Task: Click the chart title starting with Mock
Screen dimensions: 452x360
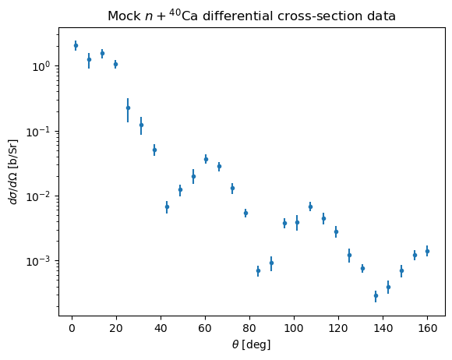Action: pyautogui.click(x=252, y=16)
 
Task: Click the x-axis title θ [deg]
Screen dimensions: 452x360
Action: pyautogui.click(x=252, y=344)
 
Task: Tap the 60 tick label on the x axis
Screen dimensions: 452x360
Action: pyautogui.click(x=205, y=328)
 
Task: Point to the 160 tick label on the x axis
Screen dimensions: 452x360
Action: pyautogui.click(x=427, y=328)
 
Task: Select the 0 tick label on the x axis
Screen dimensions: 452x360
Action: pyautogui.click(x=72, y=328)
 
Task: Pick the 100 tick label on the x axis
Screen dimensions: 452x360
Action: pyautogui.click(x=294, y=328)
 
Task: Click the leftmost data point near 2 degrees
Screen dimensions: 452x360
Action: pyautogui.click(x=76, y=45)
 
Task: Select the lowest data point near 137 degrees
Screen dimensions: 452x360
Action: pyautogui.click(x=376, y=296)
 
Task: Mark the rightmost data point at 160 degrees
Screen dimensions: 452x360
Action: pyautogui.click(x=427, y=252)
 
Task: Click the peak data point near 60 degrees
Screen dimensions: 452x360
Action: pyautogui.click(x=206, y=159)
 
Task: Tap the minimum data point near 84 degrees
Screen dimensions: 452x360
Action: pyautogui.click(x=258, y=271)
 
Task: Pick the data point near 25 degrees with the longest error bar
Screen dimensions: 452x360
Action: pyautogui.click(x=128, y=108)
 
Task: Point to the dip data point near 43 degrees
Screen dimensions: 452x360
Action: pyautogui.click(x=167, y=207)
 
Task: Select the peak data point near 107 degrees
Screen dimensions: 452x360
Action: pyautogui.click(x=310, y=206)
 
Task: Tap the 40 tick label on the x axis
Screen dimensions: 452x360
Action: pyautogui.click(x=161, y=328)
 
